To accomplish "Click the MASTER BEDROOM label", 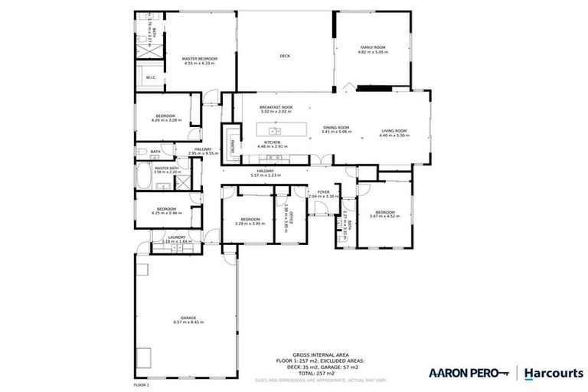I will (x=199, y=59).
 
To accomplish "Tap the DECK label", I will (x=285, y=56).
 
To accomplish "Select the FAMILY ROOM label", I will (x=374, y=47).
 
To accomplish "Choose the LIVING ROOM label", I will (x=395, y=130).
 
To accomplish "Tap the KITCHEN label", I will (x=273, y=142).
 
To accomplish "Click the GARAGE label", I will (x=188, y=317).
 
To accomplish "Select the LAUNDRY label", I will (x=177, y=237).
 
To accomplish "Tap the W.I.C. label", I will (x=150, y=76).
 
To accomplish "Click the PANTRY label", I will (x=228, y=142).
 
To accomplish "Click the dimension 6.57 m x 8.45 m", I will (x=188, y=322).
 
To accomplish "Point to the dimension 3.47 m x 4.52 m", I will (x=384, y=217).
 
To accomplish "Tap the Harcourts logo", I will (x=553, y=373).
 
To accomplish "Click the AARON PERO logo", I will (x=467, y=373).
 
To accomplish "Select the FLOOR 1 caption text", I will (x=141, y=384).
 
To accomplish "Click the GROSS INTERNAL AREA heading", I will (x=322, y=354).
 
